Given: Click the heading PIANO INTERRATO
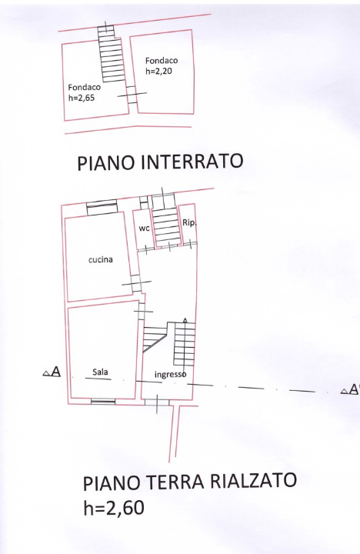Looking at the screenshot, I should [x=160, y=162].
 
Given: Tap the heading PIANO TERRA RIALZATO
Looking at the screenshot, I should [x=189, y=482].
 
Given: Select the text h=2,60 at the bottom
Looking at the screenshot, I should [x=113, y=508].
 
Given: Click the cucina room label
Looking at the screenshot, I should [x=100, y=259].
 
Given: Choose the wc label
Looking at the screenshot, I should [x=143, y=229].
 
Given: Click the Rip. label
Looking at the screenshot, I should [x=189, y=223].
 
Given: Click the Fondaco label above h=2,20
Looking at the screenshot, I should [x=162, y=60].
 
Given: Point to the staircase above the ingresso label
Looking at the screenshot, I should [x=184, y=343].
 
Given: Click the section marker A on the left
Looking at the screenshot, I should [x=52, y=373].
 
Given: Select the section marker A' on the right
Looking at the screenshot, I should [x=350, y=390].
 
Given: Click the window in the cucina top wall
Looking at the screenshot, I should [x=101, y=206].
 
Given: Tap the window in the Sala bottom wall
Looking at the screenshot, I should [x=103, y=401].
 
